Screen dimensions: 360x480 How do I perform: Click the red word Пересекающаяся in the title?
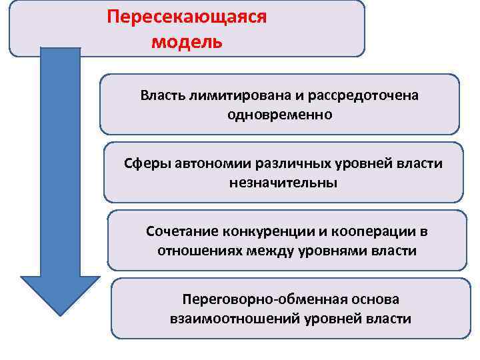(x=186, y=17)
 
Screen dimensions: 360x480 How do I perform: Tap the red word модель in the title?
(x=186, y=42)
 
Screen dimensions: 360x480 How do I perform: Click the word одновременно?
(x=279, y=115)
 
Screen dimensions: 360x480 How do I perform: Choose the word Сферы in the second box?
(x=147, y=163)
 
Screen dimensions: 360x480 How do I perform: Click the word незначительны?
(x=283, y=183)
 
